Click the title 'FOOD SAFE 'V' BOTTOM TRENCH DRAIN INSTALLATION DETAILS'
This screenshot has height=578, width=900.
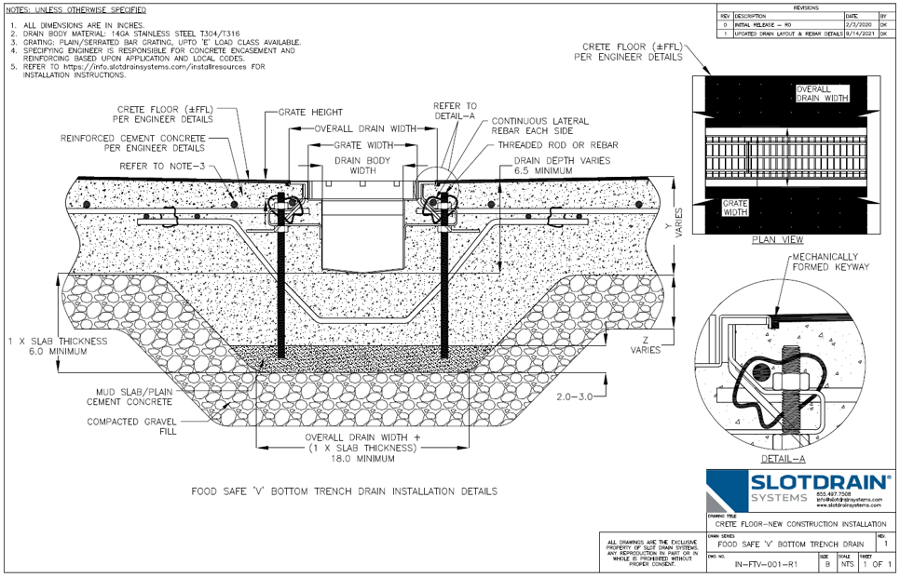coord(344,491)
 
